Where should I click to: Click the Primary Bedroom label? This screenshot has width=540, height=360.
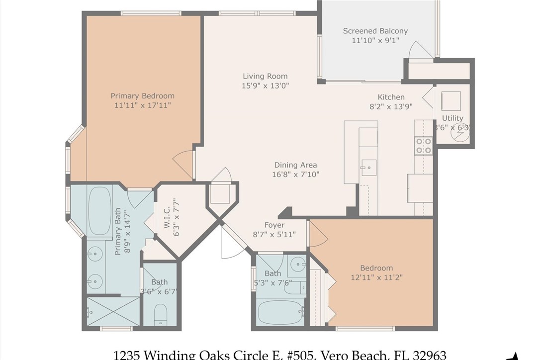pyautogui.click(x=142, y=96)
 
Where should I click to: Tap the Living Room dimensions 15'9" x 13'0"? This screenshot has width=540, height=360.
pyautogui.click(x=265, y=86)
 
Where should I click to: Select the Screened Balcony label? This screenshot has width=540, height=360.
pyautogui.click(x=375, y=31)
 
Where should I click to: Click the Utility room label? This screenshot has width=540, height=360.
pyautogui.click(x=452, y=118)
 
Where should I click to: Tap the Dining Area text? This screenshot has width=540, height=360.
pyautogui.click(x=295, y=165)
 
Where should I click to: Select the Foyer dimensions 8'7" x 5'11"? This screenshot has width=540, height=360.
pyautogui.click(x=274, y=234)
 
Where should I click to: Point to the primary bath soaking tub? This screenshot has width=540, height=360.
pyautogui.click(x=99, y=210)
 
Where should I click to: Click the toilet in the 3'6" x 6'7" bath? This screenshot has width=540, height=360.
pyautogui.click(x=161, y=314)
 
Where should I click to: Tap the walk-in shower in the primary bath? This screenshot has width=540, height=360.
pyautogui.click(x=113, y=311)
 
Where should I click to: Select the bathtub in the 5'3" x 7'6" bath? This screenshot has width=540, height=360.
pyautogui.click(x=281, y=312)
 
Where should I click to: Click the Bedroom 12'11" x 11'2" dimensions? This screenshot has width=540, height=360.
pyautogui.click(x=376, y=277)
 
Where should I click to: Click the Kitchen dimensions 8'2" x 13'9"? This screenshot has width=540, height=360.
pyautogui.click(x=391, y=106)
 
